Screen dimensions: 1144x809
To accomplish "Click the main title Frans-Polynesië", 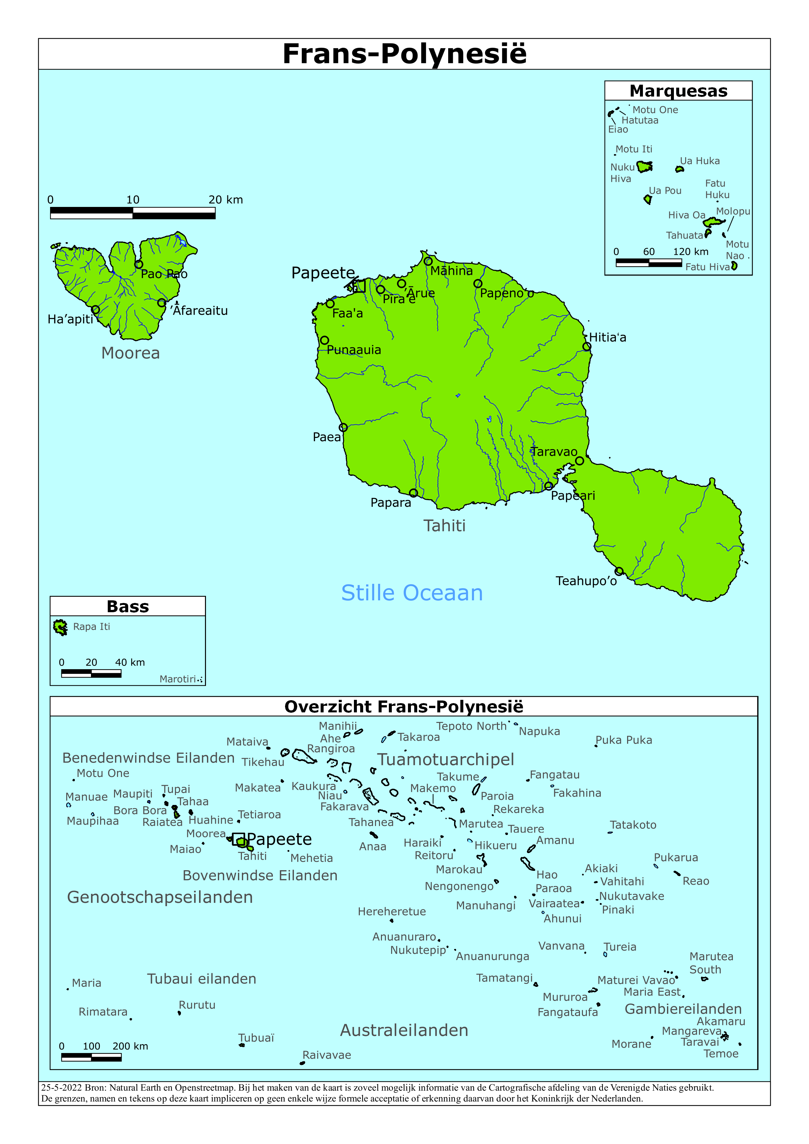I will (x=404, y=54).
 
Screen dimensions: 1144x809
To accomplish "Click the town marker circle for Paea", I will (x=343, y=427).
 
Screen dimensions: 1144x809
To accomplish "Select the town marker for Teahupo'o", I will (x=619, y=571).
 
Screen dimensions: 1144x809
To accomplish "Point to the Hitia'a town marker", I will (x=587, y=346).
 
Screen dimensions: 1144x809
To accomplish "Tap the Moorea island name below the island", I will (x=130, y=353).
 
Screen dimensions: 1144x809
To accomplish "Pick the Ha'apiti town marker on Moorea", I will (x=96, y=309).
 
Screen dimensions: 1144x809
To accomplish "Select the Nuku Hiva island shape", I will (x=645, y=166).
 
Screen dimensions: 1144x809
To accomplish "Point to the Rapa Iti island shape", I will (x=60, y=627).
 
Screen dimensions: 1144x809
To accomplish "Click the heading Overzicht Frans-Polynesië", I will (x=404, y=706).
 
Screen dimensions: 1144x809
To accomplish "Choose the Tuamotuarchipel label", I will (x=445, y=759).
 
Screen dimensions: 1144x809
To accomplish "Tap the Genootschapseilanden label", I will (x=160, y=897).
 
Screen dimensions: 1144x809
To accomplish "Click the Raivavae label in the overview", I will (x=327, y=1055).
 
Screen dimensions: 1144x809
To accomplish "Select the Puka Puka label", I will (x=623, y=740).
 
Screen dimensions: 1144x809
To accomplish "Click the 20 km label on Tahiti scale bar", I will (x=225, y=200).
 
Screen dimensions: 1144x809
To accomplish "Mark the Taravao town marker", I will (x=579, y=461).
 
